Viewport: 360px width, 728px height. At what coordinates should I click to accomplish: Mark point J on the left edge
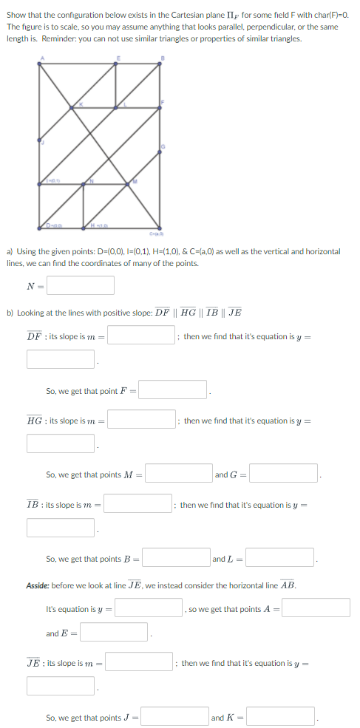(x=40, y=140)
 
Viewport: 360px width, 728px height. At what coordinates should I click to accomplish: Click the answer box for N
(x=81, y=285)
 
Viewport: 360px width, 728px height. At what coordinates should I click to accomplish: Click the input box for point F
(x=173, y=389)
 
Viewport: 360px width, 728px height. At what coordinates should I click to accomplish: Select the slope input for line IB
(x=139, y=504)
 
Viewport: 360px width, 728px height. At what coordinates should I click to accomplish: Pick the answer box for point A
(x=316, y=608)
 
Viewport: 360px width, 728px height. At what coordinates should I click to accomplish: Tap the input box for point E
(x=115, y=633)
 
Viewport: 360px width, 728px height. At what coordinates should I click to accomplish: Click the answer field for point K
(x=281, y=717)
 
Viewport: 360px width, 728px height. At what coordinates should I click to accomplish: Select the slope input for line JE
(x=140, y=662)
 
